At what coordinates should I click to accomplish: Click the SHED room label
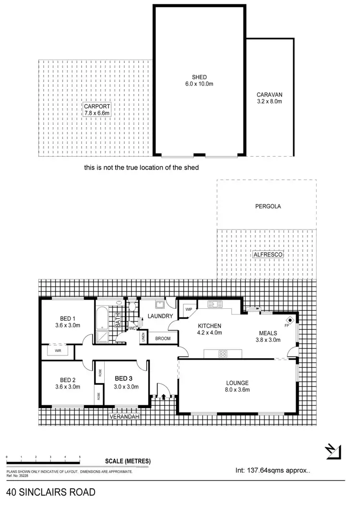click(199, 77)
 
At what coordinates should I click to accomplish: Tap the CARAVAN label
click(269, 95)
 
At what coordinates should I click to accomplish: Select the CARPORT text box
click(97, 109)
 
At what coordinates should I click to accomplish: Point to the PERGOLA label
click(268, 206)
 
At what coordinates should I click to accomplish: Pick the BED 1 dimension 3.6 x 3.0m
click(68, 325)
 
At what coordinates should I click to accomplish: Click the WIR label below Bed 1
click(58, 351)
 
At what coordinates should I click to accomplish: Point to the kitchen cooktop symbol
click(223, 354)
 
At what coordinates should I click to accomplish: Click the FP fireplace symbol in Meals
click(289, 321)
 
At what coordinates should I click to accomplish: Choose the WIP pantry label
click(189, 309)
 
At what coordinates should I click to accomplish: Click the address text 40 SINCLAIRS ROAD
click(51, 492)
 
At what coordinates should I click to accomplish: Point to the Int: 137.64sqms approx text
click(273, 471)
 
